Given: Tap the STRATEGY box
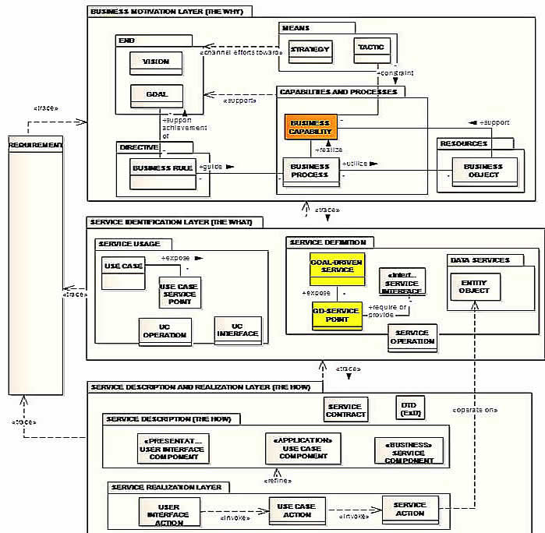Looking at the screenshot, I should click(x=310, y=51).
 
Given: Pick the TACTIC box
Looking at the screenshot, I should click(x=371, y=50).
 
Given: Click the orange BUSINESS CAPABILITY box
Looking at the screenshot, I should click(x=310, y=128).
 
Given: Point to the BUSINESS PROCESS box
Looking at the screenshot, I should click(x=310, y=171).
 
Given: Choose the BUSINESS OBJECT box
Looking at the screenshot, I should click(x=483, y=171).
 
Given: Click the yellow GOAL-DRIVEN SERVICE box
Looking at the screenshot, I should click(x=337, y=266).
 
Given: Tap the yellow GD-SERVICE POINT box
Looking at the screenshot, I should click(x=337, y=314).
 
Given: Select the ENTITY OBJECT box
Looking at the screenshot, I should click(x=475, y=287).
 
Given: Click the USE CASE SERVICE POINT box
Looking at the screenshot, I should click(x=179, y=293).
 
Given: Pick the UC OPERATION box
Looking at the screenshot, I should click(x=165, y=330).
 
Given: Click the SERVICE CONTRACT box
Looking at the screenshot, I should click(x=345, y=410).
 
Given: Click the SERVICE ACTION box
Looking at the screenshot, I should click(x=410, y=509).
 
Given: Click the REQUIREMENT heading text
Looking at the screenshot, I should click(x=35, y=146).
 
